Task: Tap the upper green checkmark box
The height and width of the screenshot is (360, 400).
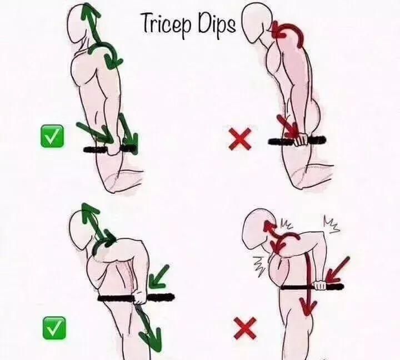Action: coord(52,136)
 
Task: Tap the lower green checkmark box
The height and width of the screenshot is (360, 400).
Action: coord(54,328)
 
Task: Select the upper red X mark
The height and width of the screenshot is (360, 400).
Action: coord(240,138)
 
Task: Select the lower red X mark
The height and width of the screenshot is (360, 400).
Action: coord(245,328)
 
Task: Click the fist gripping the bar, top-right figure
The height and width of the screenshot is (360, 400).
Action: coord(301,139)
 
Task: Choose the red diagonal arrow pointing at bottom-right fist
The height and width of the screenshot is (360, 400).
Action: coord(338,271)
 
